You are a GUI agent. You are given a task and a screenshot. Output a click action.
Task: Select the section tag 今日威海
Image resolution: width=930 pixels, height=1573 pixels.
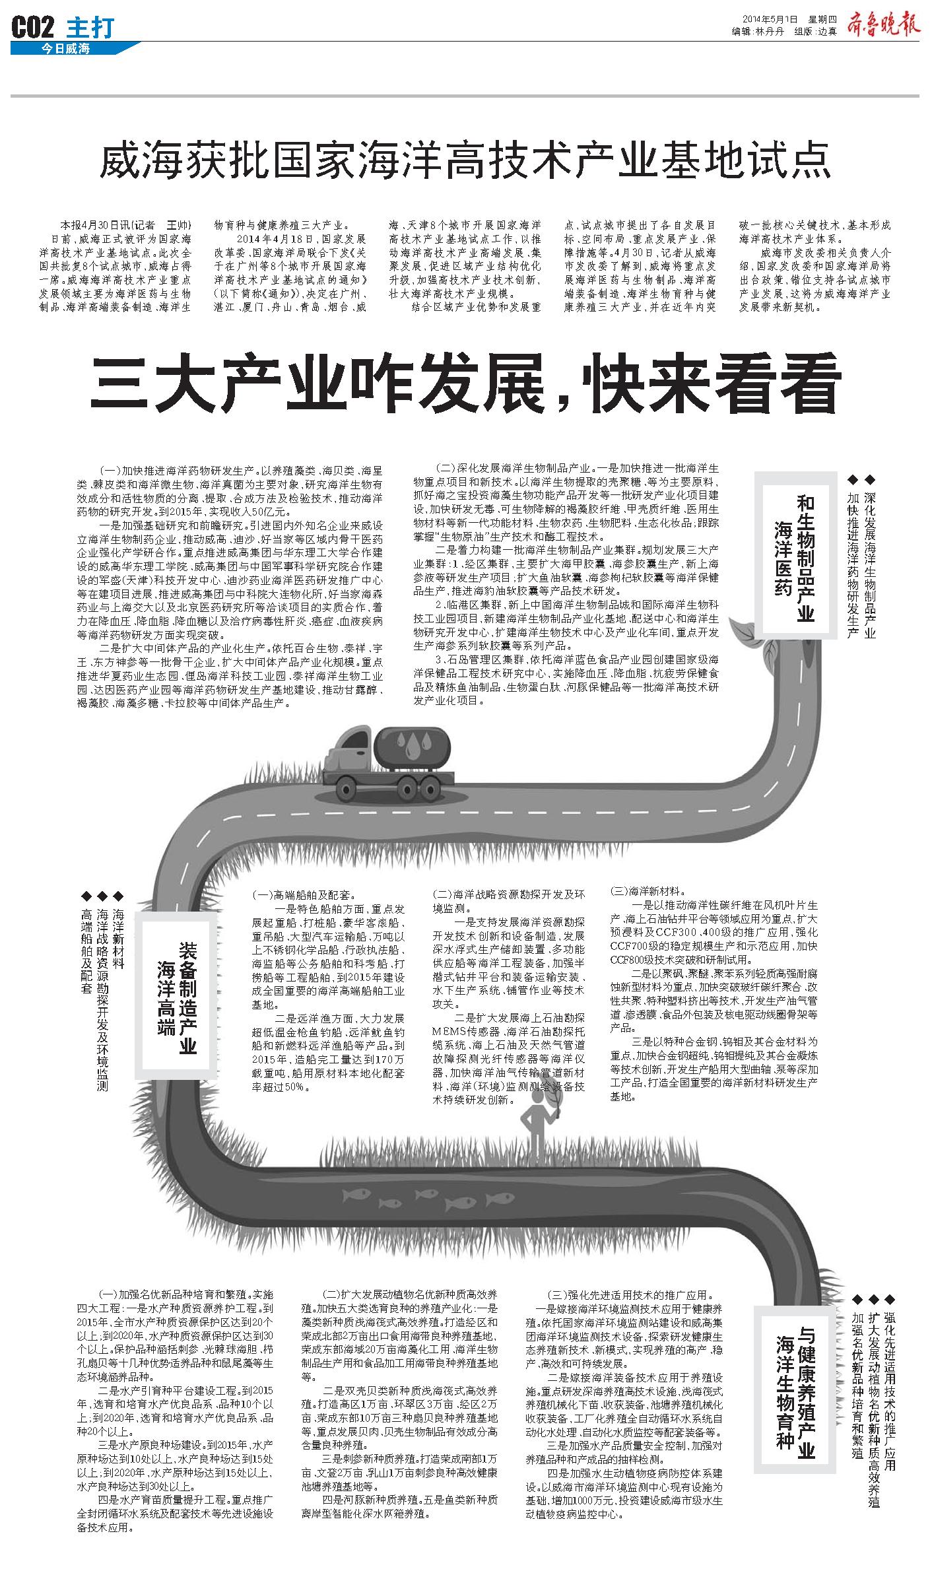click(x=65, y=48)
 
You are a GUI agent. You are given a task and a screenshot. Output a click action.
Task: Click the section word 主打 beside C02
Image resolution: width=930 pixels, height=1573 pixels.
click(x=90, y=28)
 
